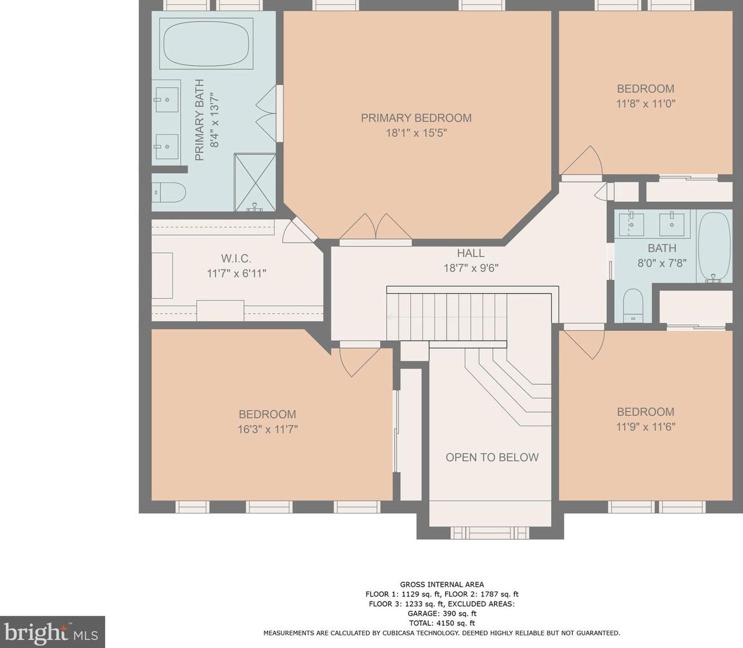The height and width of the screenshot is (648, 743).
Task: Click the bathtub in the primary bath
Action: [207, 43]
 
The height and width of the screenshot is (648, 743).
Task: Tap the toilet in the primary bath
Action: [168, 193]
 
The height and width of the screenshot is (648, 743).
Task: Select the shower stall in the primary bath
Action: [255, 182]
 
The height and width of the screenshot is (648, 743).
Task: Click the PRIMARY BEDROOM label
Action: [416, 118]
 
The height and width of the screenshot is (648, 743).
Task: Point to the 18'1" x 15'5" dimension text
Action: [416, 133]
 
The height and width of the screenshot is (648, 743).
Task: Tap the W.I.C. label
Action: [236, 258]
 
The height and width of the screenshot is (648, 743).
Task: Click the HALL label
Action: [471, 253]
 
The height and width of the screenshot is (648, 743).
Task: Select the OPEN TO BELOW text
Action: [492, 457]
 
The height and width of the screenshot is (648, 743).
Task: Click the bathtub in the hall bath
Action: [714, 247]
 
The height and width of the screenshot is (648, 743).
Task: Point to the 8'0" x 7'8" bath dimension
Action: [662, 263]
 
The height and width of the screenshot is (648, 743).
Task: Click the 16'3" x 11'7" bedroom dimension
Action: [267, 429]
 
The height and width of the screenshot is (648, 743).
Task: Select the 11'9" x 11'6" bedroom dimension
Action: [646, 427]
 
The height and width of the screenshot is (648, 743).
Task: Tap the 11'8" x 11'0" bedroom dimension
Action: [646, 104]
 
